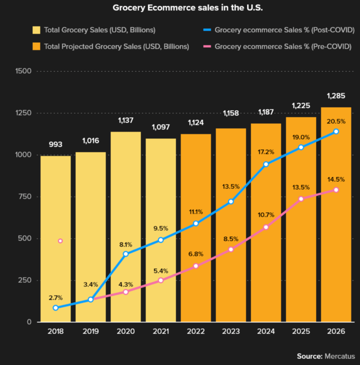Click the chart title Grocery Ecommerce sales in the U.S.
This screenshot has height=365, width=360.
pos(180,8)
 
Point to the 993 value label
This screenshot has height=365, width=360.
pos(56,144)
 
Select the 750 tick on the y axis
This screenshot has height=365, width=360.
pos(24,197)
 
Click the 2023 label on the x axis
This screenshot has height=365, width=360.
pos(231,331)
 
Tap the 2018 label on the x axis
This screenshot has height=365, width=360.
pos(56,331)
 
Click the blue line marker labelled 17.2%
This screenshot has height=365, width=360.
pos(266,164)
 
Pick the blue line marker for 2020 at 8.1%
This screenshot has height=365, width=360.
pos(126,254)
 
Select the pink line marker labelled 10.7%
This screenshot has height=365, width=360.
pos(266,227)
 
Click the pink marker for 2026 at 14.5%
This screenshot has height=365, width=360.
pos(336,190)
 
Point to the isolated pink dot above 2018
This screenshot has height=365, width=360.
pos(60,241)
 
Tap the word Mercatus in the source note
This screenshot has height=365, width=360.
pos(340,356)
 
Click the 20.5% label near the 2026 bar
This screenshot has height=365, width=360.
pos(336,121)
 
